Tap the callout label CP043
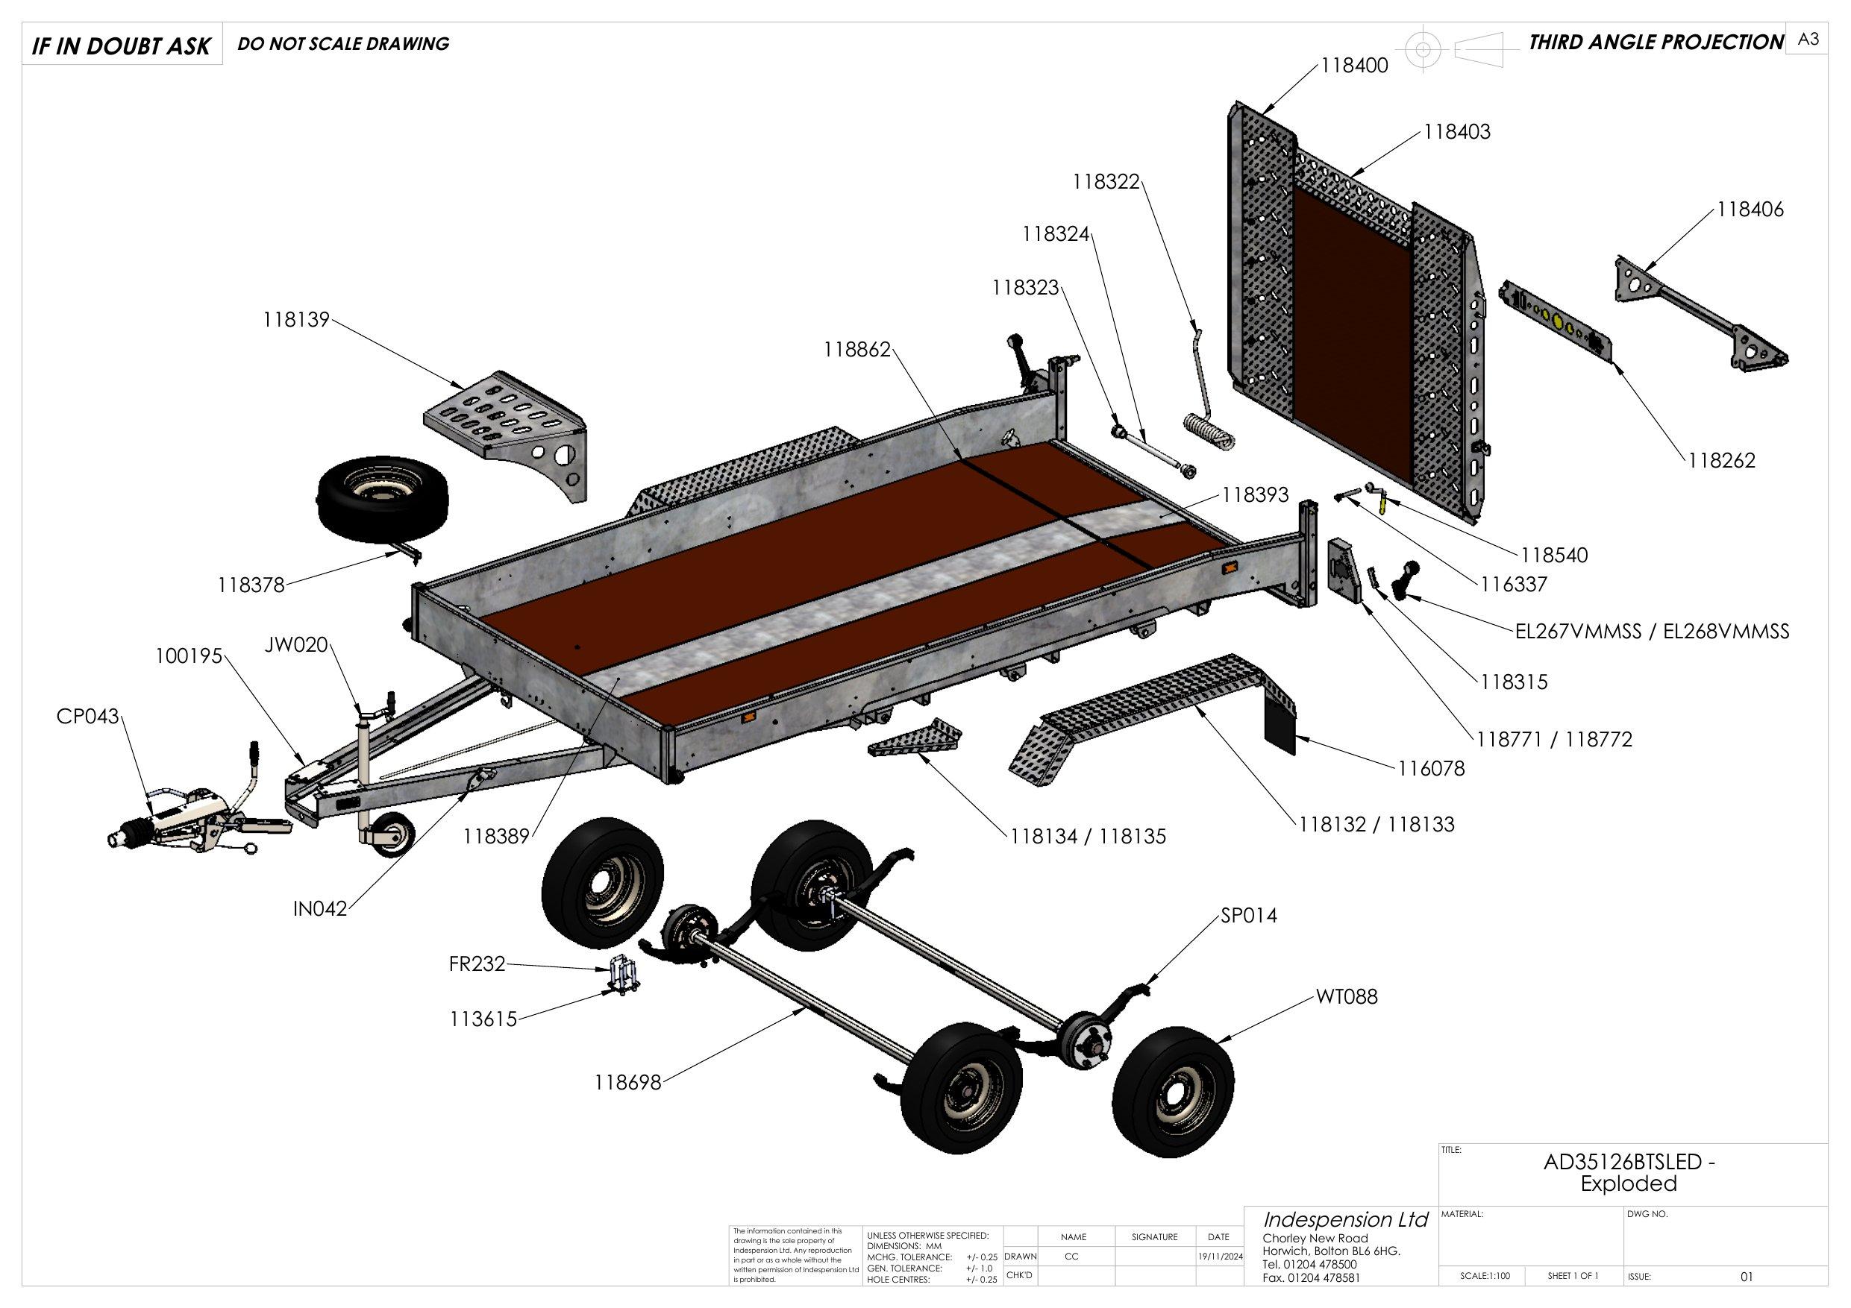87,716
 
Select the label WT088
1347,997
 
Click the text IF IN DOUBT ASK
121,46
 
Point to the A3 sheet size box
1808,40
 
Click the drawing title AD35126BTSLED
1629,1162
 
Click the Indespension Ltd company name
1344,1219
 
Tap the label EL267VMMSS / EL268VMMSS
1652,631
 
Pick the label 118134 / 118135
1088,837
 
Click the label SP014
1249,916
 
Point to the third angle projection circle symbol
1423,50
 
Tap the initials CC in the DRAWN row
1071,1257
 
